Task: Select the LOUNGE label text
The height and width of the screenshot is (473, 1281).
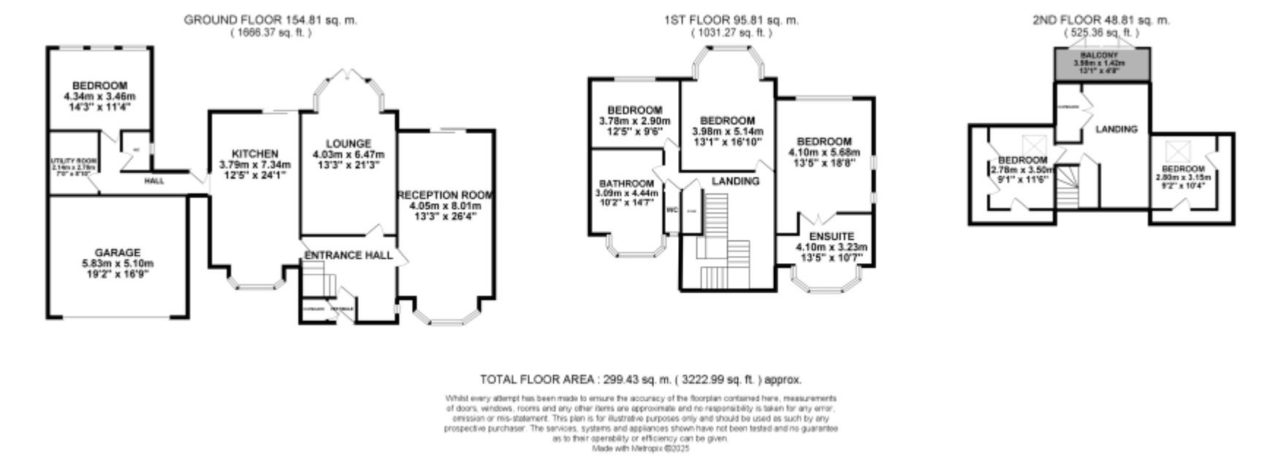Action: pos(349,144)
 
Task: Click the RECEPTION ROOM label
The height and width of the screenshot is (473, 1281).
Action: pos(445,195)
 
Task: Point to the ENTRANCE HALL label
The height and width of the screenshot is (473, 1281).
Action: pos(348,255)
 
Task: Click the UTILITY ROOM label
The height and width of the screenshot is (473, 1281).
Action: pos(72,160)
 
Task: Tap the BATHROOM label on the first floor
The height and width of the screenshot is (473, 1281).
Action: pos(626,183)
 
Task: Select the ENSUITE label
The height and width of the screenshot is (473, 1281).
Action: pos(832,237)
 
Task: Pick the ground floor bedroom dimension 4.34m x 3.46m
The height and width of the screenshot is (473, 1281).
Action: pos(100,97)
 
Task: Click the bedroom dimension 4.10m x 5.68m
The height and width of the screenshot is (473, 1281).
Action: pos(824,152)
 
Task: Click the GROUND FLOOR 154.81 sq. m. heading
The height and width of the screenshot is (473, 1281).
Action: pos(270,20)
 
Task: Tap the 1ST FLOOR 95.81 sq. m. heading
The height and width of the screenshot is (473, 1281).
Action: pos(731,20)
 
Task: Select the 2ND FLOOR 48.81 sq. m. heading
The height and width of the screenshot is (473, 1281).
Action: pos(1101,20)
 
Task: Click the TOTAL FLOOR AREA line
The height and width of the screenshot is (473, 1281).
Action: pos(640,379)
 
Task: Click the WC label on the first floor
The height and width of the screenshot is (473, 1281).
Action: pos(672,210)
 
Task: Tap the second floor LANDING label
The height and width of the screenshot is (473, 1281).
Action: pos(1117,129)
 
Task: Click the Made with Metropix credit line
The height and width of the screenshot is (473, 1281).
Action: pos(640,449)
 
